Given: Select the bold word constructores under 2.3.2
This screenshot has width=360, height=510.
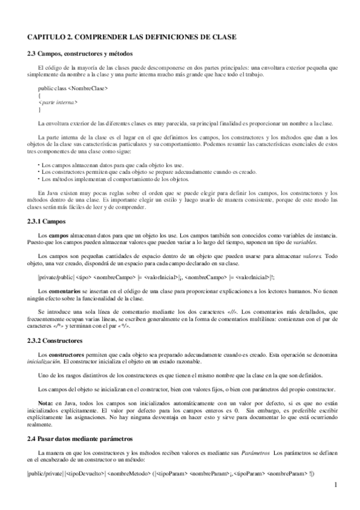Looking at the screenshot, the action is pyautogui.click(x=67, y=355).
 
